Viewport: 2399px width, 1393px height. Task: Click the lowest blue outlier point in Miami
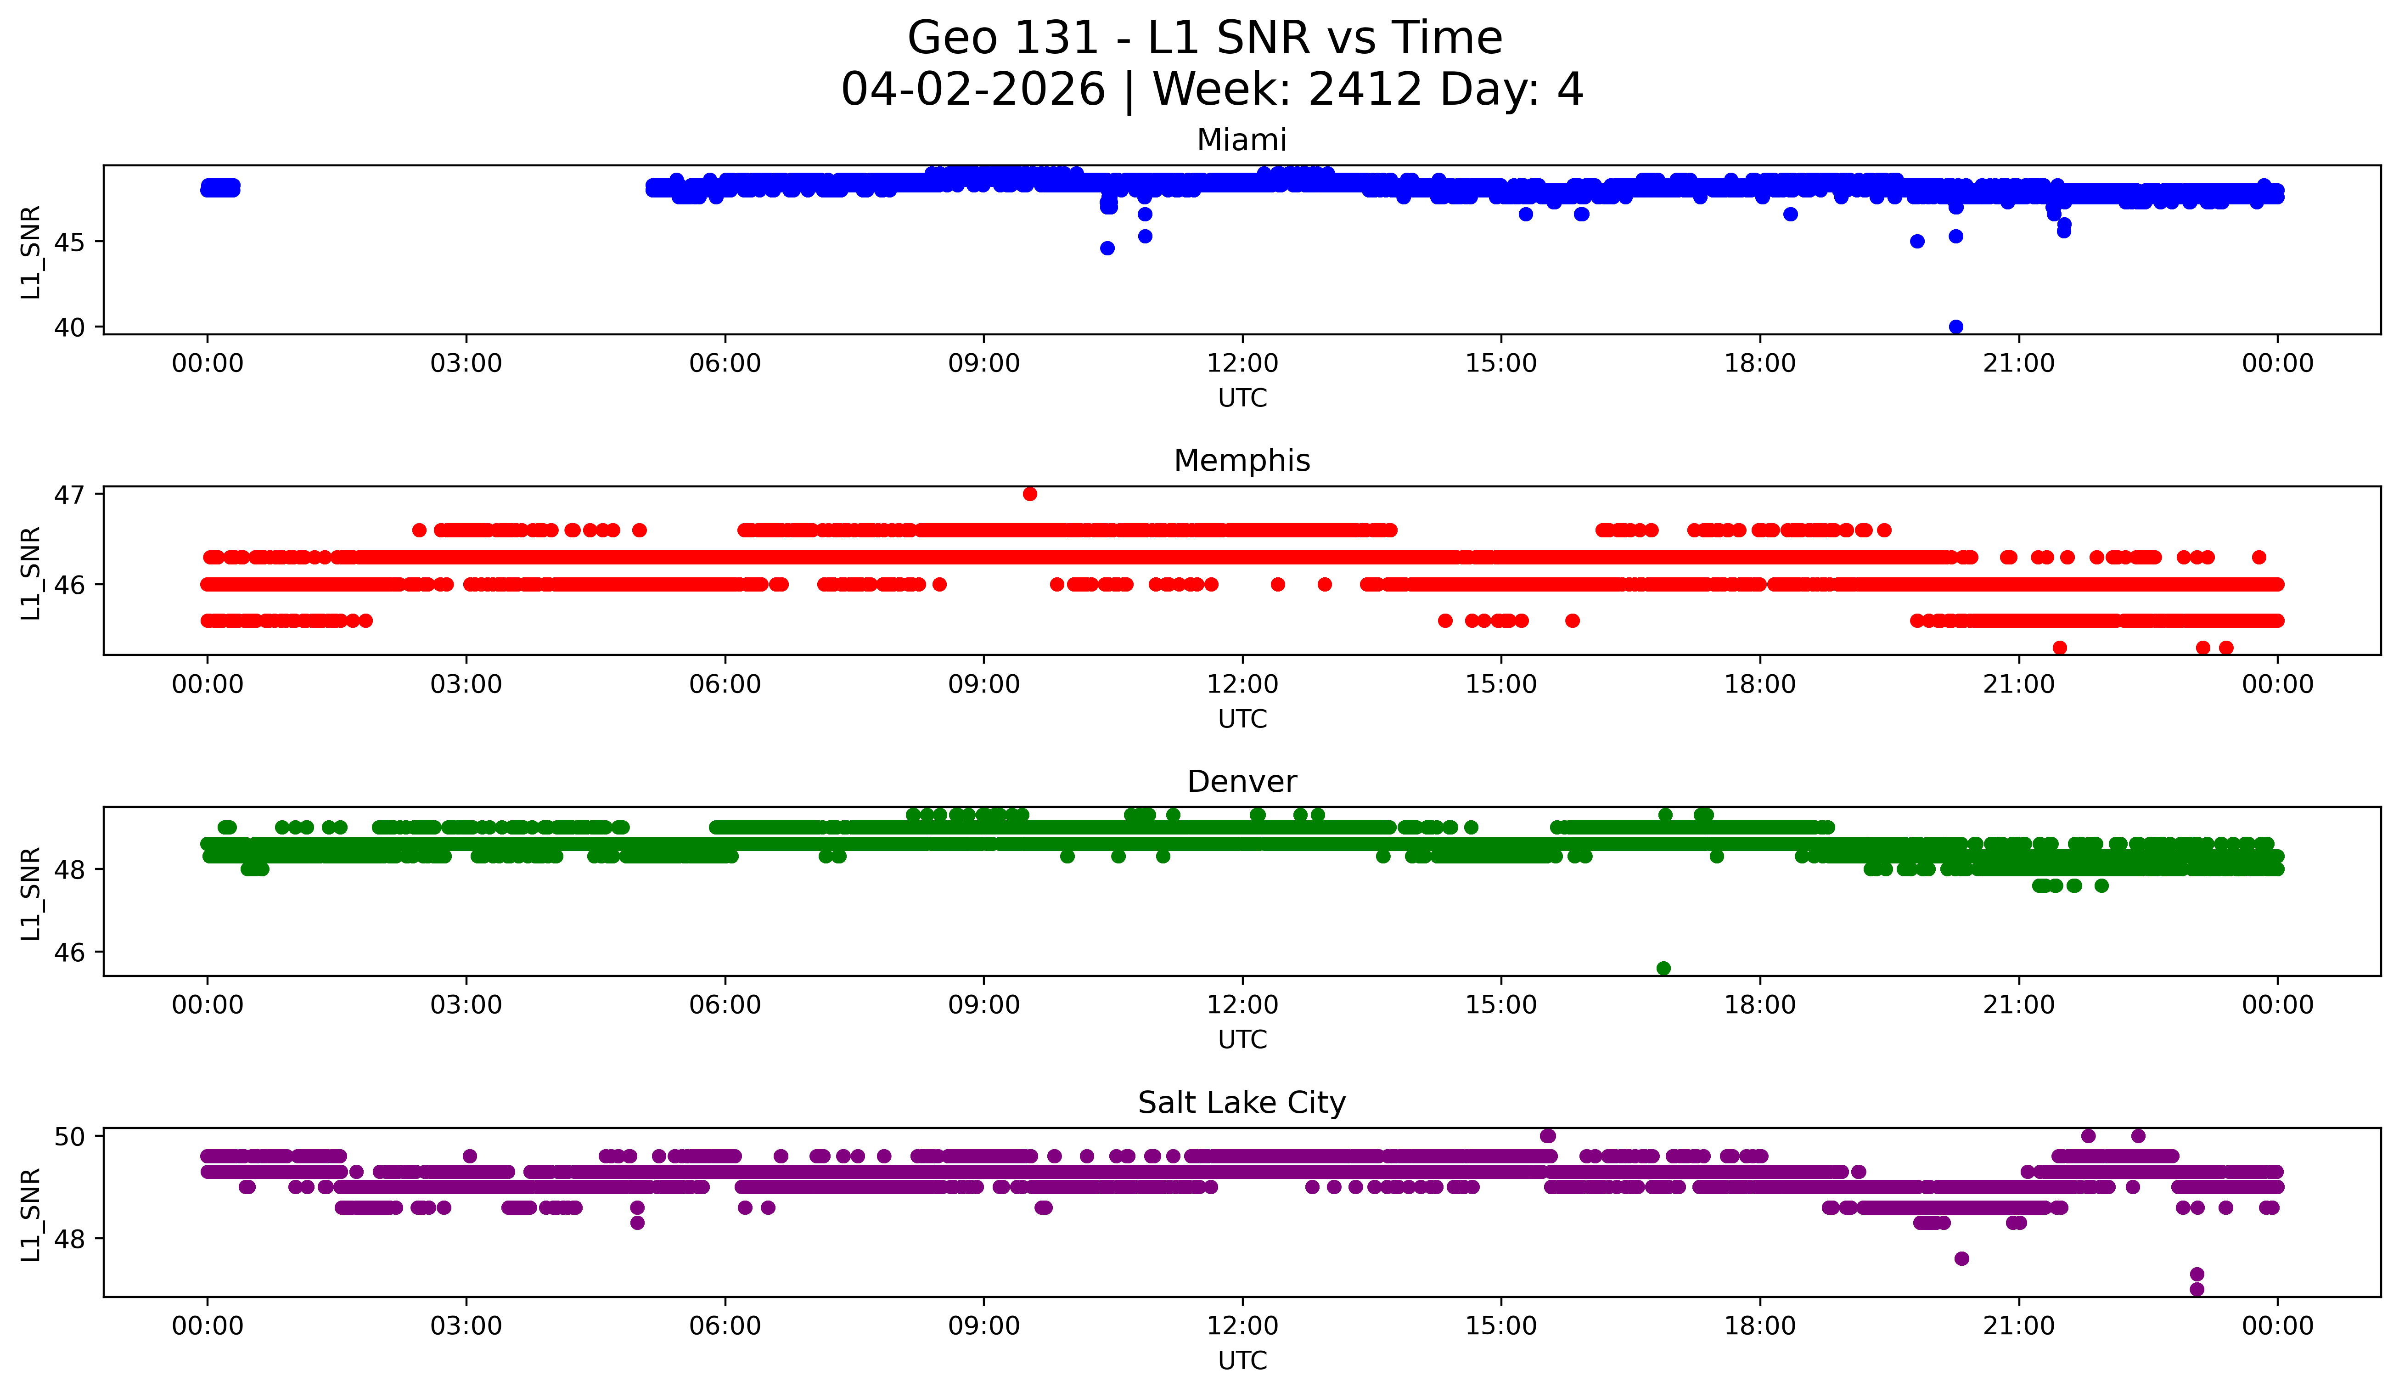click(x=1955, y=327)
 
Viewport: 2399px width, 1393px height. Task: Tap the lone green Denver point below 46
click(x=1663, y=968)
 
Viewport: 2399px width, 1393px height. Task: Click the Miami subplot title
click(x=1242, y=140)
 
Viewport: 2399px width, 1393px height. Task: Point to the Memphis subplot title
click(x=1242, y=461)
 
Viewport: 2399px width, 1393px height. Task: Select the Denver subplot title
click(x=1242, y=782)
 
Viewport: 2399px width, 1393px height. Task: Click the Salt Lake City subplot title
click(x=1242, y=1103)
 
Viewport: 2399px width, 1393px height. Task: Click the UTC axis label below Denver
click(x=1242, y=1040)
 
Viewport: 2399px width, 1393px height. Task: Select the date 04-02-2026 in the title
click(x=973, y=90)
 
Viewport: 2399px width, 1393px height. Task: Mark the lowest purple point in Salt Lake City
click(x=2196, y=1289)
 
